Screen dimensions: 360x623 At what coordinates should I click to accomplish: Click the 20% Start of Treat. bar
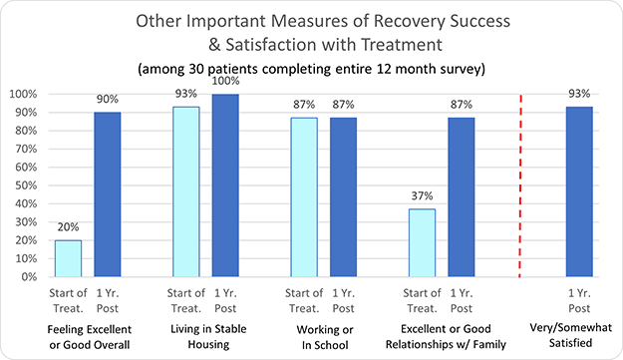(67, 257)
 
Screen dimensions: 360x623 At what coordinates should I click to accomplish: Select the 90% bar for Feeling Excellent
(107, 193)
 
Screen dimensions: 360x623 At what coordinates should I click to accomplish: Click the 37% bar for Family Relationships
(421, 242)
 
